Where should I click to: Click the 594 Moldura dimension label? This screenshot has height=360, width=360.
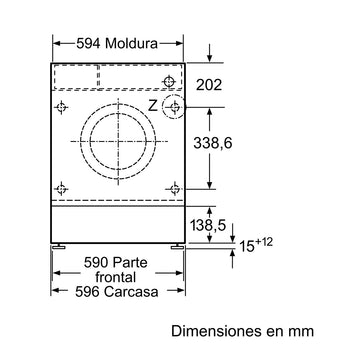pyautogui.click(x=117, y=43)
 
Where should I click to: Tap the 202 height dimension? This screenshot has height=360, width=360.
pyautogui.click(x=209, y=85)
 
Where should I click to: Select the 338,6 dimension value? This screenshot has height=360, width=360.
pyautogui.click(x=213, y=143)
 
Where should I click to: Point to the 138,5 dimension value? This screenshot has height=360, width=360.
pyautogui.click(x=208, y=226)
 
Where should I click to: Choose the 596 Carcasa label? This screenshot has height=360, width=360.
pyautogui.click(x=117, y=292)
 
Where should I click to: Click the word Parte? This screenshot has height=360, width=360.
pyautogui.click(x=129, y=263)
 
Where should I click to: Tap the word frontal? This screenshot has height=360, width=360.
pyautogui.click(x=116, y=277)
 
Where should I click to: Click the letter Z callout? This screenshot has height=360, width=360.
pyautogui.click(x=153, y=106)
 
